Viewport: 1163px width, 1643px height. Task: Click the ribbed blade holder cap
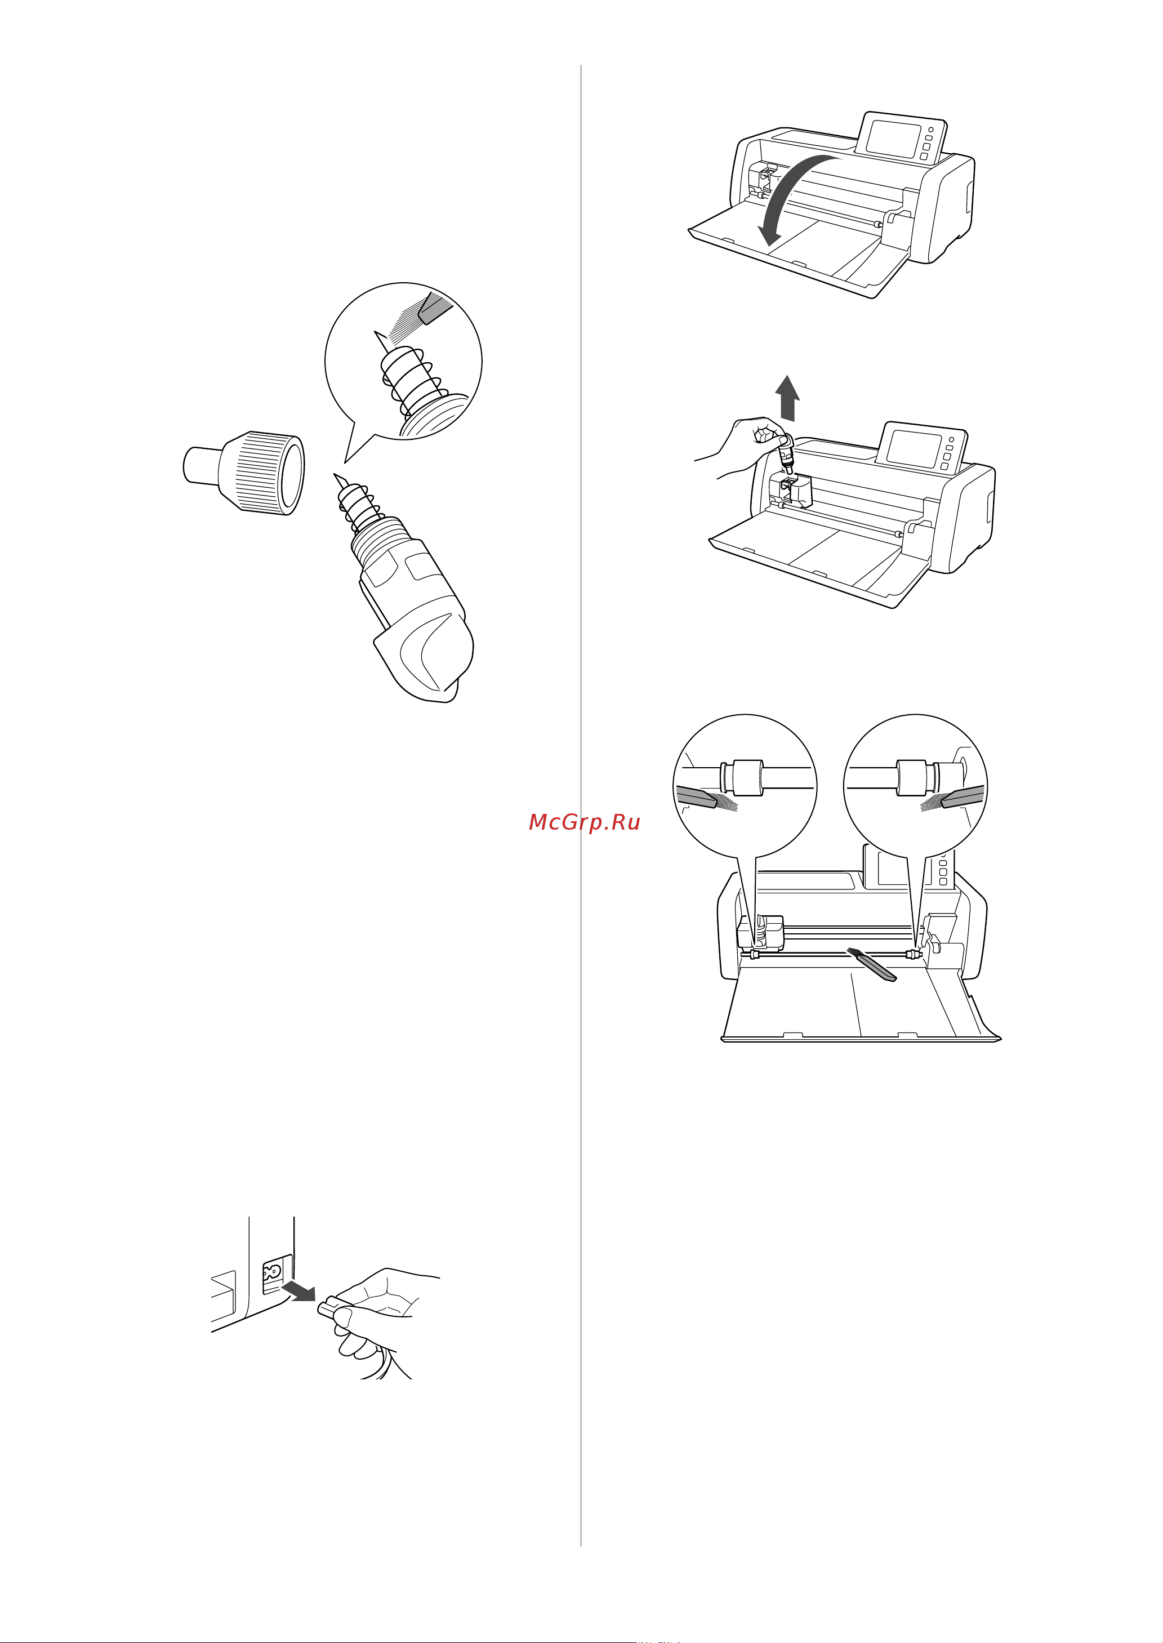tap(245, 472)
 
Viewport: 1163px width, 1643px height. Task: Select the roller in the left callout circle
tap(748, 777)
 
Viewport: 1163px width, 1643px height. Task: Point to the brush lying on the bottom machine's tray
tap(871, 965)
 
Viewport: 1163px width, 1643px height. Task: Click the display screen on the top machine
tap(893, 140)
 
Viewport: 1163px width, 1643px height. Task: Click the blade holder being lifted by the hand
tap(786, 454)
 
